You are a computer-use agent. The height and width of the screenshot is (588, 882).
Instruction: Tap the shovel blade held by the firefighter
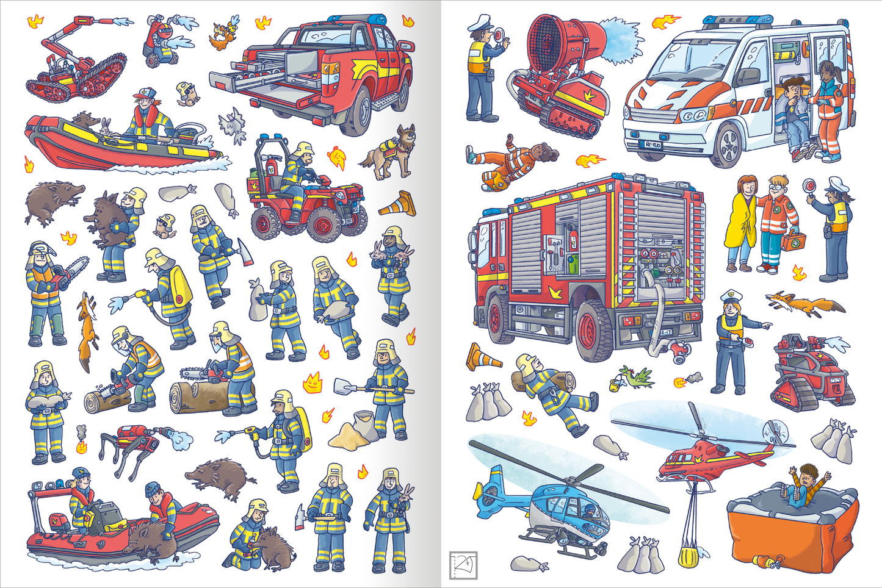pos(344,386)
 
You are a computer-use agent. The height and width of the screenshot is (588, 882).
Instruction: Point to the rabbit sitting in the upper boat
pos(106,127)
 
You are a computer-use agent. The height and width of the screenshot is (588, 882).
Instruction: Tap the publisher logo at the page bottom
pos(463,565)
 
